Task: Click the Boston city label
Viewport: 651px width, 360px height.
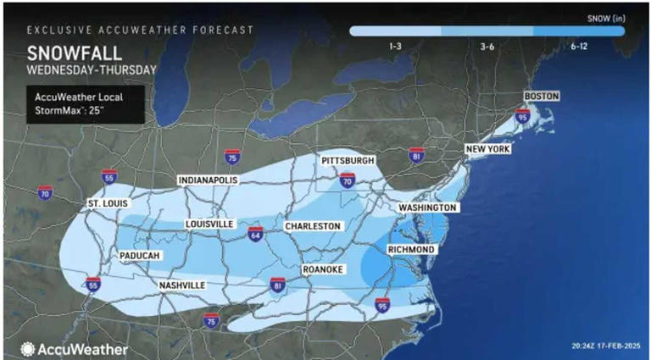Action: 542,97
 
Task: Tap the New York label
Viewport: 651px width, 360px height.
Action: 487,150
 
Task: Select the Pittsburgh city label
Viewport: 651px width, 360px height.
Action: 348,161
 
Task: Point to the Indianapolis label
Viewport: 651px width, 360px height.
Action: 208,180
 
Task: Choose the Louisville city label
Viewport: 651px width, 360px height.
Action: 209,224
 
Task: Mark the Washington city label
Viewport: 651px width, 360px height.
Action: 429,208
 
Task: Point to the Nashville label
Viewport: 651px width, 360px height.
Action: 182,286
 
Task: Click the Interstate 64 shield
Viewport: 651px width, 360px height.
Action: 255,233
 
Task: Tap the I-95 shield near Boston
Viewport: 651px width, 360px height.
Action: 522,115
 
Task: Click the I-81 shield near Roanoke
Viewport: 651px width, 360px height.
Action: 277,285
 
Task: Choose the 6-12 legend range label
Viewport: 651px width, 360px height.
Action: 578,46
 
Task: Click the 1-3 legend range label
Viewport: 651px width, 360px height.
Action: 395,46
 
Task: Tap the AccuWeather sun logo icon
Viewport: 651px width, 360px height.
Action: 28,348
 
